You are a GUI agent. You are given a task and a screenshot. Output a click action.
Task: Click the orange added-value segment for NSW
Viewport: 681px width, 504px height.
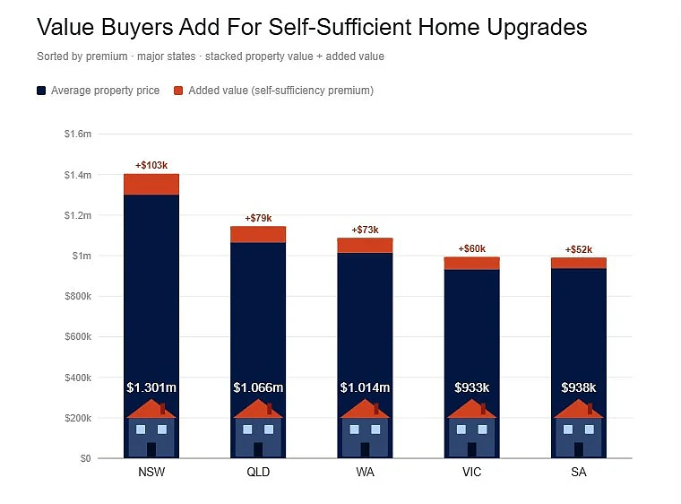(151, 185)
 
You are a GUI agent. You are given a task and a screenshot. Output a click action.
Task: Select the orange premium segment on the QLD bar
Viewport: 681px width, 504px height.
(258, 234)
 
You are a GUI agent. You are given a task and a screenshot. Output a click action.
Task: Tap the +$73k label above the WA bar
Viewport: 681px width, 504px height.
(365, 230)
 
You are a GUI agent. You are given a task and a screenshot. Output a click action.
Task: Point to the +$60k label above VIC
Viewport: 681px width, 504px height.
(471, 248)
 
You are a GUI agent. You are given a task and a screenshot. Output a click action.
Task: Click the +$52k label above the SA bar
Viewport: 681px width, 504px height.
(579, 249)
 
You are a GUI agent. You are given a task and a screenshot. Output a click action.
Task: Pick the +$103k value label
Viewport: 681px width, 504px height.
(151, 165)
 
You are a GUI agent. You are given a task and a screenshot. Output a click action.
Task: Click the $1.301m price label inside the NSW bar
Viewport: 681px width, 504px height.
(151, 387)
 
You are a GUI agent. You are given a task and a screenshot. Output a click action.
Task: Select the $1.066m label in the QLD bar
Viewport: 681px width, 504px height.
(258, 387)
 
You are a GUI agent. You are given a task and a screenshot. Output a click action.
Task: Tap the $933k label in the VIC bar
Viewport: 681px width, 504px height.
(471, 387)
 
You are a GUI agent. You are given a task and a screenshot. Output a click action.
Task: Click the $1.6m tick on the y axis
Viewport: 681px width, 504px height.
(78, 134)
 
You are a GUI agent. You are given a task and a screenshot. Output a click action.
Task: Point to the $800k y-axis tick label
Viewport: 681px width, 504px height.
(78, 296)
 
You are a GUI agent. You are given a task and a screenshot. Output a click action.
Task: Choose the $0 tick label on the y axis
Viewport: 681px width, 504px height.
(85, 458)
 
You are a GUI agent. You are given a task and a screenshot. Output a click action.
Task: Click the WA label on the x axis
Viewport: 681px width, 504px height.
(365, 473)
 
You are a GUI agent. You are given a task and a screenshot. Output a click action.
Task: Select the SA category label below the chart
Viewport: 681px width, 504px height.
(579, 473)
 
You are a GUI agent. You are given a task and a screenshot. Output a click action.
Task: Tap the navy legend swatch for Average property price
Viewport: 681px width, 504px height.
(41, 91)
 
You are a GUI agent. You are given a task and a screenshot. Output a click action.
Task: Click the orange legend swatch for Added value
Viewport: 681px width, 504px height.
(178, 91)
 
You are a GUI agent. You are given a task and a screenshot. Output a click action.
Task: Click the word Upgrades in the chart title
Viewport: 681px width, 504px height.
(537, 27)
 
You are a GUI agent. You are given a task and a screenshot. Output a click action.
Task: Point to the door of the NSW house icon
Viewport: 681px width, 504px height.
(151, 449)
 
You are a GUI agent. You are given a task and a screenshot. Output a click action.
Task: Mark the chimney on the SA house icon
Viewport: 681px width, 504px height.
(590, 408)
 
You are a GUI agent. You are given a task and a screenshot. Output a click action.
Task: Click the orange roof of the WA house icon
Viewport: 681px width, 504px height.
(365, 411)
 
